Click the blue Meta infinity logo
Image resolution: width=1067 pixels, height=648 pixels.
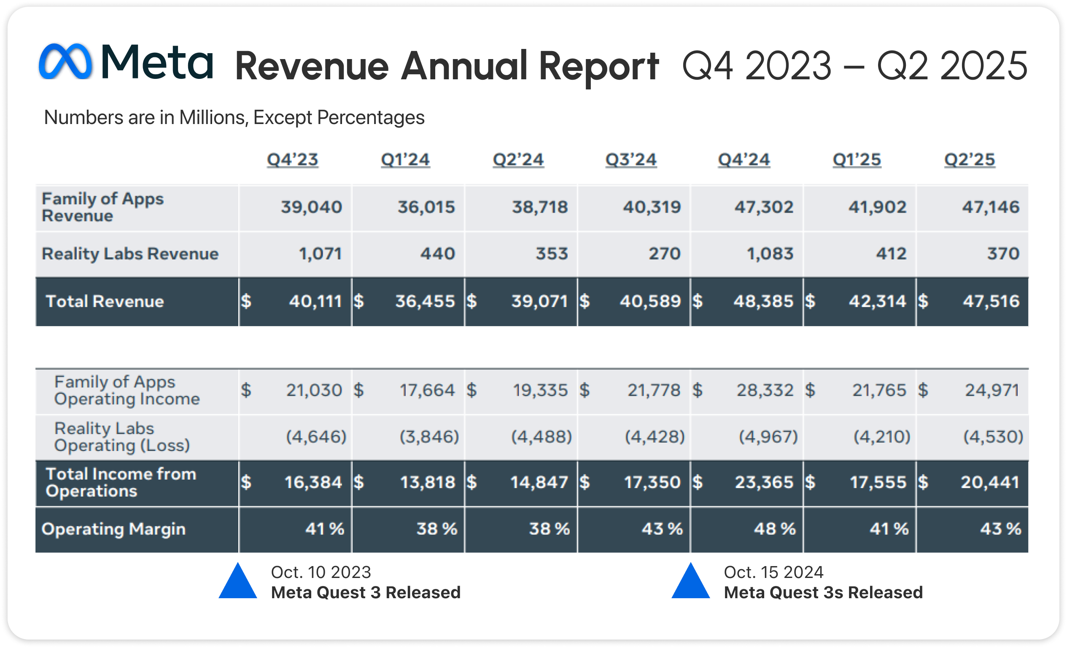click(x=65, y=61)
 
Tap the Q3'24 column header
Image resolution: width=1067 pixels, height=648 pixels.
click(x=630, y=159)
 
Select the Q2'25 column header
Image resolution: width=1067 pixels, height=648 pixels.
click(x=969, y=159)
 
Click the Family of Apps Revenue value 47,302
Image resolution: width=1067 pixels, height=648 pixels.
click(x=763, y=207)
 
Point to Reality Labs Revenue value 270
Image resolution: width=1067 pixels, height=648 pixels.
click(x=664, y=254)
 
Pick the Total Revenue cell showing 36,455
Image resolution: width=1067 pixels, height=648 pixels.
click(x=425, y=301)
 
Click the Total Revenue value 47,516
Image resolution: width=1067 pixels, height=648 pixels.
click(x=991, y=301)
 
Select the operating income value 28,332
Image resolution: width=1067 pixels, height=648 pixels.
click(x=765, y=390)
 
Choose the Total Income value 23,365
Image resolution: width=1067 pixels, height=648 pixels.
click(x=764, y=482)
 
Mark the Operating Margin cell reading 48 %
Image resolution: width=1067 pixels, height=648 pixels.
click(x=774, y=529)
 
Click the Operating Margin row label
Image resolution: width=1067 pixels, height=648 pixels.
click(x=113, y=529)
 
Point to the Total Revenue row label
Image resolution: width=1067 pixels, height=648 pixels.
click(x=105, y=301)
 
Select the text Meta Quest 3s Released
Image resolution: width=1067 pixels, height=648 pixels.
click(x=823, y=593)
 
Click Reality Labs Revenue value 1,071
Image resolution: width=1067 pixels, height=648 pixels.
click(x=320, y=254)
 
